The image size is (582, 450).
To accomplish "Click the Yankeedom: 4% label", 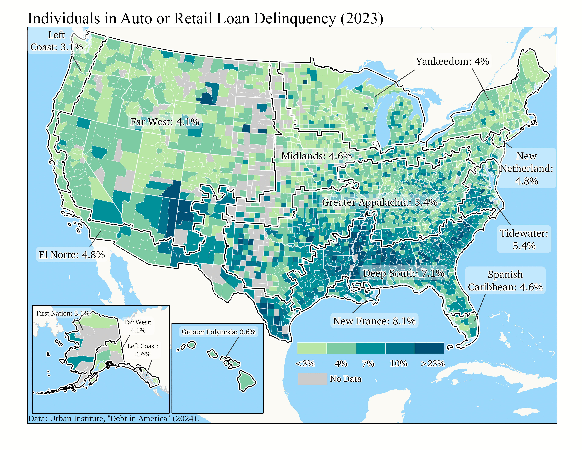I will (x=452, y=62).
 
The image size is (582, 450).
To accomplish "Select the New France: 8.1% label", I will (x=374, y=321).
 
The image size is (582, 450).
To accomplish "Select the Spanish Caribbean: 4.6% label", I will (x=505, y=281).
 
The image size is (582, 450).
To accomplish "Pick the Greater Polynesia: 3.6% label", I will (x=218, y=332).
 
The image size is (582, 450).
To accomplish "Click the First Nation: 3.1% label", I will (x=63, y=313).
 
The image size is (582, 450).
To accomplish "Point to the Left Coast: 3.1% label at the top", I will (x=57, y=41).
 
